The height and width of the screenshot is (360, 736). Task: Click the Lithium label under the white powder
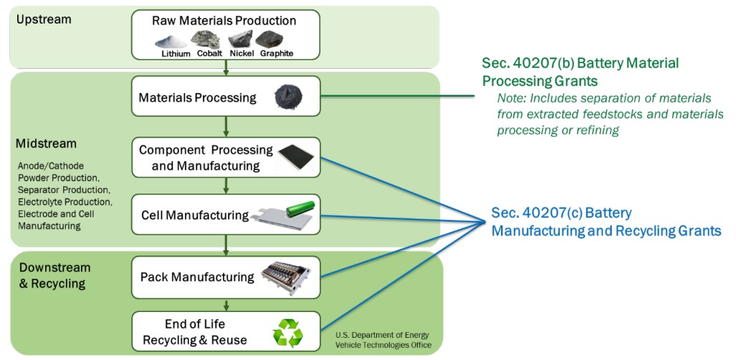click(x=176, y=54)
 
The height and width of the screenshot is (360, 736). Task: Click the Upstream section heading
click(x=44, y=19)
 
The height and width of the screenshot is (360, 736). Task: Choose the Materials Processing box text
click(x=197, y=98)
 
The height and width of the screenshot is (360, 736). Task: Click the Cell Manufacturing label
click(x=195, y=215)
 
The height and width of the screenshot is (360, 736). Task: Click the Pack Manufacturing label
click(x=197, y=277)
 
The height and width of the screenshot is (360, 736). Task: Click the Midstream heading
click(x=46, y=144)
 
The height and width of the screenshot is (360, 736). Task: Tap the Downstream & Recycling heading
click(x=54, y=275)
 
